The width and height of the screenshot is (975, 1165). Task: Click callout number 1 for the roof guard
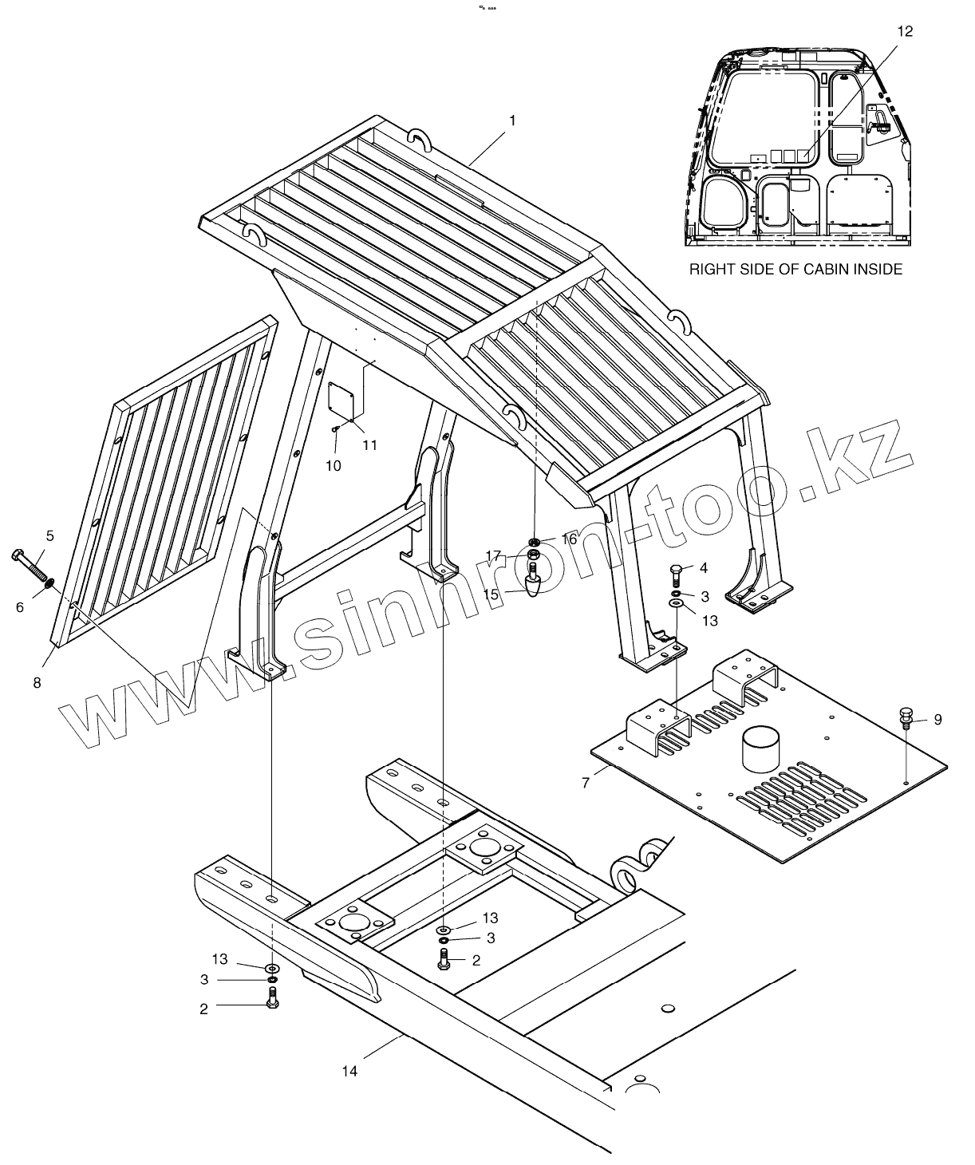pos(512,120)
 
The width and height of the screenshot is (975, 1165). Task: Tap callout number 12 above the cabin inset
pos(904,31)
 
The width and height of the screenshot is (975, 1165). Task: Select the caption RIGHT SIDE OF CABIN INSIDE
pos(795,270)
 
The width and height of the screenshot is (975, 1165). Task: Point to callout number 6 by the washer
pos(20,608)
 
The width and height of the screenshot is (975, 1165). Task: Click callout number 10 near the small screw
pos(334,465)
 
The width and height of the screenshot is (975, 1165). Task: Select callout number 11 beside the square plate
pos(369,445)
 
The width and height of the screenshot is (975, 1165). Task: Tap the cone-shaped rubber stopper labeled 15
pos(535,586)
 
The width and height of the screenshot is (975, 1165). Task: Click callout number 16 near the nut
pos(569,539)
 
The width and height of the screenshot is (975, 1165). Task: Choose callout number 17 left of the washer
pos(492,555)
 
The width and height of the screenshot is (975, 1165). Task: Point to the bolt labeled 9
pos(907,716)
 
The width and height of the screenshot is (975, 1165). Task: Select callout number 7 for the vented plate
pos(586,783)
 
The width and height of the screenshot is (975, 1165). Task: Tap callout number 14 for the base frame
pos(349,1071)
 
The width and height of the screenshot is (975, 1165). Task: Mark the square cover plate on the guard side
pos(342,398)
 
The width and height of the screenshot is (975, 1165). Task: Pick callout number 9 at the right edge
pos(937,720)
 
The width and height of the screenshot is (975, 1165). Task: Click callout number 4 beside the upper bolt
pos(704,568)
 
